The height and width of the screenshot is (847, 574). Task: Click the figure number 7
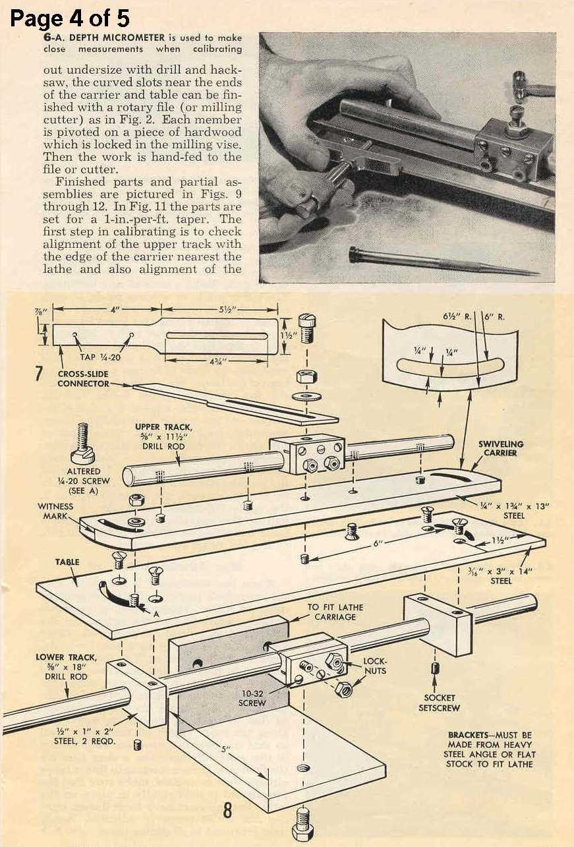(40, 373)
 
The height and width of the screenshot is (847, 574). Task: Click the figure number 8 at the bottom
(227, 809)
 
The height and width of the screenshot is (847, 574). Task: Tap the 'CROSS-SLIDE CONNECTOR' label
(82, 378)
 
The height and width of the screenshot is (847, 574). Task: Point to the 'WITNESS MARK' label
(56, 511)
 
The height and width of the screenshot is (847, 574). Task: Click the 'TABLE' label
(67, 562)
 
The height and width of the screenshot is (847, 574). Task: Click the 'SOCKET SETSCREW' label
(437, 703)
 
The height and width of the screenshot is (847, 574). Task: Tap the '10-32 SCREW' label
(252, 698)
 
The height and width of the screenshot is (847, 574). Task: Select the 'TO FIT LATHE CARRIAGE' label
(335, 612)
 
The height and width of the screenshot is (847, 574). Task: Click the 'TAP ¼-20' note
(96, 358)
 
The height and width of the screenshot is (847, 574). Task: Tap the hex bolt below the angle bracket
(303, 821)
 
